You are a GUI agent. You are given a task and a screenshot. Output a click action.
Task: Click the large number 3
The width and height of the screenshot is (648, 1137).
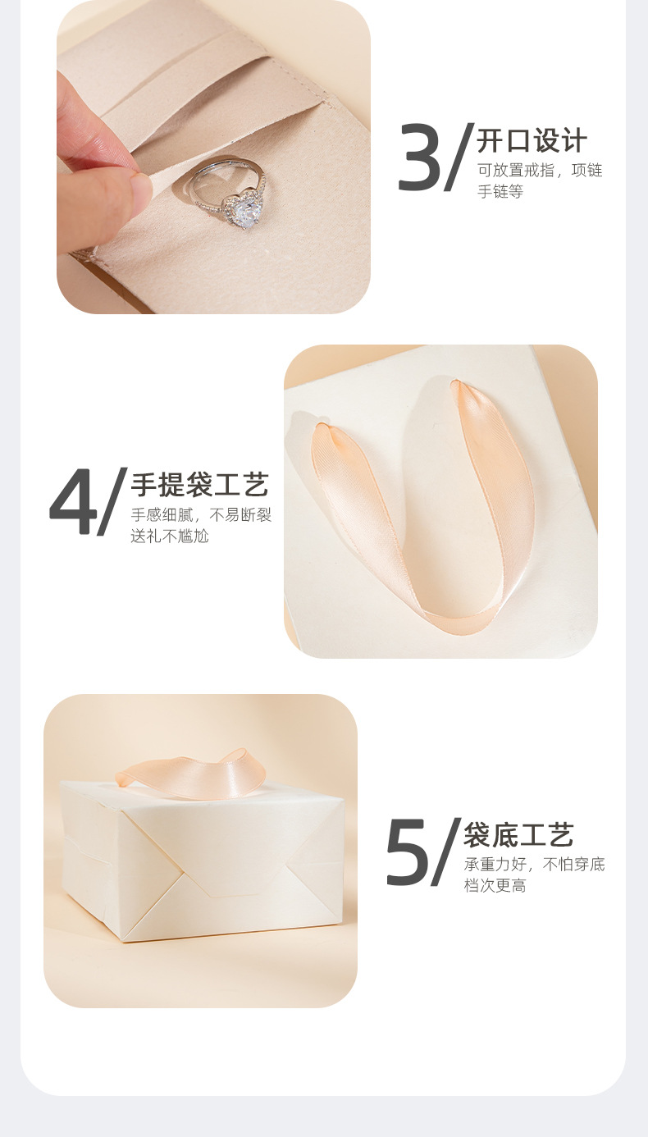[419, 158]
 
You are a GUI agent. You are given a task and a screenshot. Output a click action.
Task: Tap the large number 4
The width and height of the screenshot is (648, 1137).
[71, 503]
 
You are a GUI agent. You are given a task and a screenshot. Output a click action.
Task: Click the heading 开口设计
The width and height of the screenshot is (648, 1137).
[532, 140]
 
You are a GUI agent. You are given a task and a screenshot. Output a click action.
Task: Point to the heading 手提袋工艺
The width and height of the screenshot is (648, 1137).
[199, 485]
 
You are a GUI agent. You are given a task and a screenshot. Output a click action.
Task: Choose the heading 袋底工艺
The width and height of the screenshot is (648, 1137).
[518, 834]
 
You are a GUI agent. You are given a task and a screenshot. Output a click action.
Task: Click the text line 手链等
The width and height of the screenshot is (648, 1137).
[500, 192]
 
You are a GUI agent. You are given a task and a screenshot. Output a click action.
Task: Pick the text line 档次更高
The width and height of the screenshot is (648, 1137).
[495, 886]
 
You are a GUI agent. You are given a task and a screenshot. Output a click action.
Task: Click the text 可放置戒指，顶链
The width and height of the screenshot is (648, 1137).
[540, 171]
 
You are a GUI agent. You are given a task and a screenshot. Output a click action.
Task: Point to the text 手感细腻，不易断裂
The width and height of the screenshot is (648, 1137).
[201, 515]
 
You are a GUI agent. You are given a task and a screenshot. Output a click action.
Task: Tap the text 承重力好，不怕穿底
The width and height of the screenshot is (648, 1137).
[534, 865]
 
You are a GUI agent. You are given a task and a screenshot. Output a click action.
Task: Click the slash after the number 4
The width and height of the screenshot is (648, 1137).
[113, 502]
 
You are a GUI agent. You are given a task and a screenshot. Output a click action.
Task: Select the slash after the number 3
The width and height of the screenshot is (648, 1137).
[460, 158]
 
